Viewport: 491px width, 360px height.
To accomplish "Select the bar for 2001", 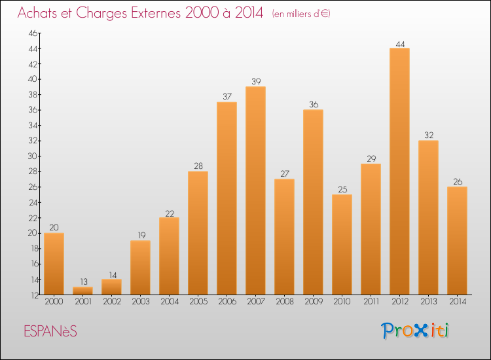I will tap(82, 291).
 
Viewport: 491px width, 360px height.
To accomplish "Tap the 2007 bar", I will tap(255, 190).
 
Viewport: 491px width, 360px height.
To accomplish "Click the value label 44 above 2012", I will tap(399, 44).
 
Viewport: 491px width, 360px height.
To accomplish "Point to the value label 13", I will tap(82, 282).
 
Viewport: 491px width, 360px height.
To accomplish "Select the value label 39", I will tap(255, 82).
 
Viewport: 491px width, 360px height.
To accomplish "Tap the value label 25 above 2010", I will tap(342, 190).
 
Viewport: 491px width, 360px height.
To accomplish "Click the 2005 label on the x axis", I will tap(198, 301).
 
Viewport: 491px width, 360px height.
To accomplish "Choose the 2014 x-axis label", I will tap(457, 301).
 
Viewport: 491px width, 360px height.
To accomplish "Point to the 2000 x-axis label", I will tap(54, 301).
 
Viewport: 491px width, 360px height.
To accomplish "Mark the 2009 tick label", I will tap(313, 301).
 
